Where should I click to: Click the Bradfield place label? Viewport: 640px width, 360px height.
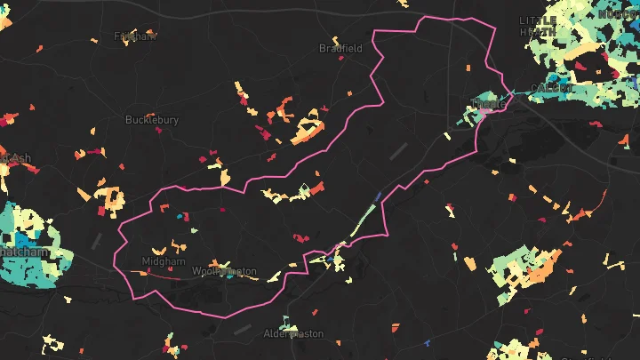pos(340,49)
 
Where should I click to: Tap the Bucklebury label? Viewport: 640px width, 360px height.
pos(152,119)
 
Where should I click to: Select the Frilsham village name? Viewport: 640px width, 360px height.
pos(135,36)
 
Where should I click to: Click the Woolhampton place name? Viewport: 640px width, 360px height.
pos(224,270)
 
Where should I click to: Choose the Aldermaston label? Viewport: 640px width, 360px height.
pos(294,333)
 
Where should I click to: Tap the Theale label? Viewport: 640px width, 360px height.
pos(491,104)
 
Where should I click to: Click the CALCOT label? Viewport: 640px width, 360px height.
pos(551,88)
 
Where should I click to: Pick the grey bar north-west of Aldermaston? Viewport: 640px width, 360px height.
pos(242,328)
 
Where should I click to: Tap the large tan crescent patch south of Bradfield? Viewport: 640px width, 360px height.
pos(307,128)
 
